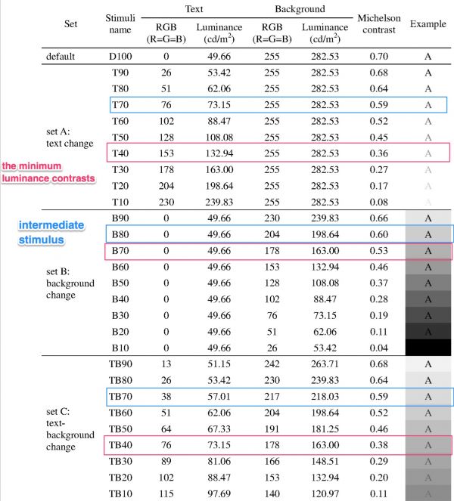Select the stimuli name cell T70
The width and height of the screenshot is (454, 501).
[x=120, y=104]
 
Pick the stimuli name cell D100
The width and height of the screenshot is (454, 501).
[x=121, y=57]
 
